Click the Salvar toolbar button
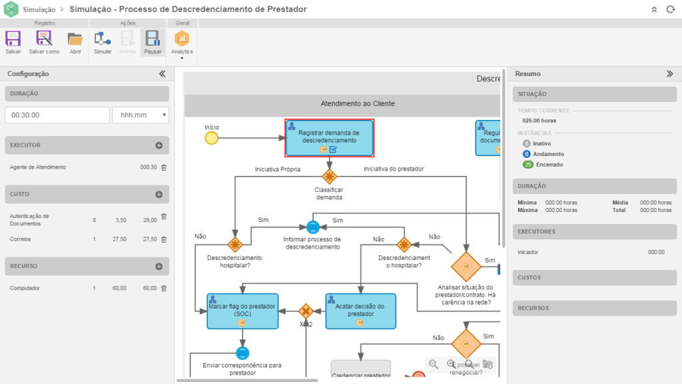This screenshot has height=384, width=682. (x=13, y=42)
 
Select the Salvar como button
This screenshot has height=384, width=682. (x=44, y=42)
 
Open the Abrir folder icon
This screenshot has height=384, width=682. (x=75, y=42)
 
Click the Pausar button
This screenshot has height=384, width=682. (x=153, y=42)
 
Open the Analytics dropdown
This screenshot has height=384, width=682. (x=182, y=44)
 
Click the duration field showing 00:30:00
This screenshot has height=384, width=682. (x=57, y=115)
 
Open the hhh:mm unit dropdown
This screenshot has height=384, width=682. (x=141, y=115)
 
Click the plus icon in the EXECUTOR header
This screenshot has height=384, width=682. (x=159, y=145)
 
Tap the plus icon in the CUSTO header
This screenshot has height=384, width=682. (x=159, y=194)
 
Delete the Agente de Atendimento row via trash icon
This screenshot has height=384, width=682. (x=164, y=167)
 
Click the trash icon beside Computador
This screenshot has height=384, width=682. (x=164, y=288)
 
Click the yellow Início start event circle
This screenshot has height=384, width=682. (x=212, y=138)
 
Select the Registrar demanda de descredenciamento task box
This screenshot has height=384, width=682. (x=329, y=137)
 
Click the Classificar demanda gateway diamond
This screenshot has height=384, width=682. (x=329, y=177)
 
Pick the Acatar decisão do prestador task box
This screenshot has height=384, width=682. (x=360, y=311)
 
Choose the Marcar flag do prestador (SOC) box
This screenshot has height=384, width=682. (x=242, y=311)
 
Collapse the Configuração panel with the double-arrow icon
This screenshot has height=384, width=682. (x=162, y=74)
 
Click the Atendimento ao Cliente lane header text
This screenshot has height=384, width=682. (x=358, y=103)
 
